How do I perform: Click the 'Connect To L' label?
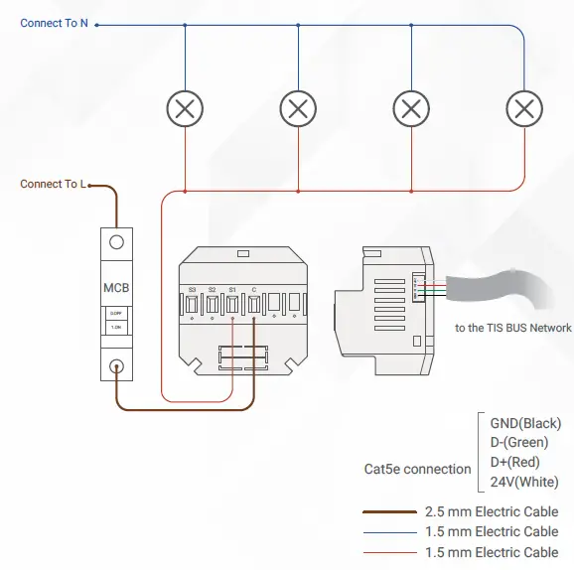(53, 184)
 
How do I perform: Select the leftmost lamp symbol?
(184, 107)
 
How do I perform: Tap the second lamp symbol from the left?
(297, 107)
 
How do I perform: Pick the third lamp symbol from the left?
(410, 107)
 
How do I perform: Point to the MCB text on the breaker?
(116, 289)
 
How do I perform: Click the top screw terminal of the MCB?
(116, 241)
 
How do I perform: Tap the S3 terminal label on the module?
(192, 290)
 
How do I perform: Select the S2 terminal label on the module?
(213, 290)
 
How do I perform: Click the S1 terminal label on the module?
(232, 290)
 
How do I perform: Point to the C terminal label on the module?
(253, 290)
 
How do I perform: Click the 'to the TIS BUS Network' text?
(512, 328)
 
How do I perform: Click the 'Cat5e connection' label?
(417, 469)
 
